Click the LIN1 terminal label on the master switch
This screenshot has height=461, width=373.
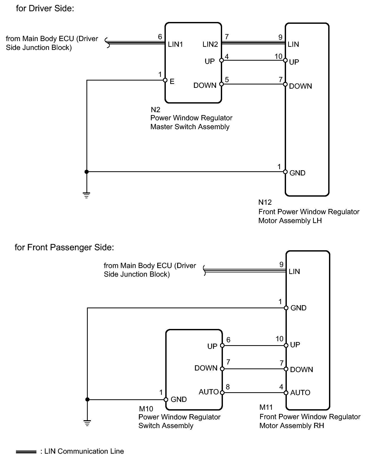[175, 44]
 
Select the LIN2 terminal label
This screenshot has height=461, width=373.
[210, 44]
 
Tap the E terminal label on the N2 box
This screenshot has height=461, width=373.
[172, 82]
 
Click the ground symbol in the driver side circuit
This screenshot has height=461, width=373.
[86, 195]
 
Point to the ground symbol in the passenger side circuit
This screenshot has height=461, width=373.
[87, 423]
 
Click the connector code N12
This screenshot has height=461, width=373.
[265, 202]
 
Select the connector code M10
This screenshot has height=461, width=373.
[146, 409]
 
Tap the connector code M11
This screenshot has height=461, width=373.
[266, 407]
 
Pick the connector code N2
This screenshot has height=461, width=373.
[155, 110]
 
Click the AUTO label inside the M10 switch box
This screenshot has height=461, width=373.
[209, 392]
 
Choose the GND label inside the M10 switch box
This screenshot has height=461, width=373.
[179, 399]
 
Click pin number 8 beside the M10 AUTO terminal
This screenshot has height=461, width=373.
[228, 387]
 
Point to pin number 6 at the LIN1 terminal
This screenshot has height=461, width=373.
[160, 37]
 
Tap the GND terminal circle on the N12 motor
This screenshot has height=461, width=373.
[286, 172]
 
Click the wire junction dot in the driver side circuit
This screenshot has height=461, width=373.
[87, 172]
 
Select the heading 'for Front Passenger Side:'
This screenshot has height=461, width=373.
[64, 247]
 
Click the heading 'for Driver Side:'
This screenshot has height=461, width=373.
[45, 8]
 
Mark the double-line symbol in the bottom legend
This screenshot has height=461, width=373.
[26, 452]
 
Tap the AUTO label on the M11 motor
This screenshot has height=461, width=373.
[300, 392]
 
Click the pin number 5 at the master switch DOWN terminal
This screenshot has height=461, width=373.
[227, 79]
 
